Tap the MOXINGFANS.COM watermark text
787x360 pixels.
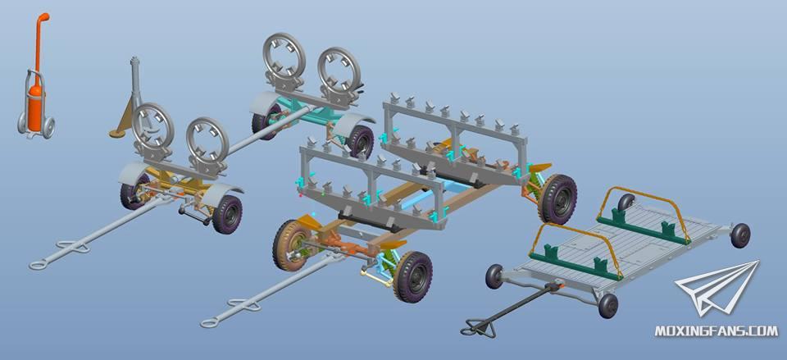point(716,330)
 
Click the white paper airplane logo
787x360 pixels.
point(718,289)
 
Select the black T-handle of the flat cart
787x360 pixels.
point(478,330)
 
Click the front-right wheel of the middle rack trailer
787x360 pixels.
point(413,276)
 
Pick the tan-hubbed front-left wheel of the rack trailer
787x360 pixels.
point(290,244)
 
